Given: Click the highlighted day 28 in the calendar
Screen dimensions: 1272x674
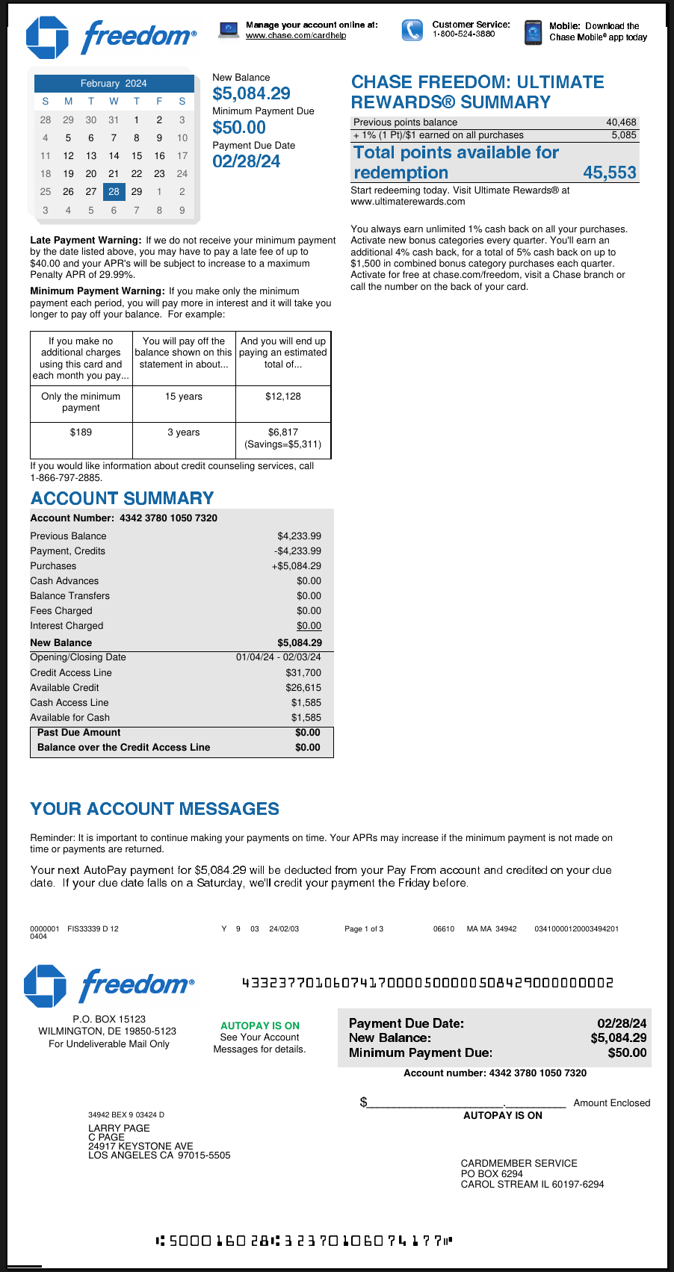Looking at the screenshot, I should pyautogui.click(x=114, y=192).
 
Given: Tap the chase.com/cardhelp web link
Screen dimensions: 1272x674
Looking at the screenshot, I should pyautogui.click(x=296, y=36).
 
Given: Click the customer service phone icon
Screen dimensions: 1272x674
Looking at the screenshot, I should pyautogui.click(x=412, y=30).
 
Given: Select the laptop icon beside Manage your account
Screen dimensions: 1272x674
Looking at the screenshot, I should pyautogui.click(x=229, y=30).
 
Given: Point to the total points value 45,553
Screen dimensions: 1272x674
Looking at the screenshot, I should pyautogui.click(x=610, y=173).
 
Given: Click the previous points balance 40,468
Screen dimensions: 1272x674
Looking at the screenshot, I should pyautogui.click(x=621, y=122).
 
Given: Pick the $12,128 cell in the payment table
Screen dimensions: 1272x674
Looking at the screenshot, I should pyautogui.click(x=283, y=397).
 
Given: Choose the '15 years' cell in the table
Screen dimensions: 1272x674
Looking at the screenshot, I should pyautogui.click(x=184, y=397).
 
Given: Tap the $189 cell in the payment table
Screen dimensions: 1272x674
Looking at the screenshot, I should pyautogui.click(x=81, y=432).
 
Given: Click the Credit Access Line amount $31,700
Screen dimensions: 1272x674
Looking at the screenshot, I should pyautogui.click(x=303, y=673).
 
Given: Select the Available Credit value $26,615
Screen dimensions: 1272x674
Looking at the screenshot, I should pyautogui.click(x=303, y=688).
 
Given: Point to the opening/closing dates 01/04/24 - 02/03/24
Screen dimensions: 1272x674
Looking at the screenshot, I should pyautogui.click(x=279, y=657).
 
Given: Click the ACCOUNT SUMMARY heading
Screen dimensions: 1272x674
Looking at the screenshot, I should pyautogui.click(x=123, y=498).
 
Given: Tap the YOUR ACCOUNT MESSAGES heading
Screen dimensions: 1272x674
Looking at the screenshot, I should pyautogui.click(x=155, y=809).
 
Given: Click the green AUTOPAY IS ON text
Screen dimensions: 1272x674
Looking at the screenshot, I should pyautogui.click(x=260, y=1026).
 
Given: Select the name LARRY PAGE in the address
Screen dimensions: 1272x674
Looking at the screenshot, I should pyautogui.click(x=119, y=1129).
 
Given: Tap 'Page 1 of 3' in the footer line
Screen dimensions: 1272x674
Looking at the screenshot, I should pyautogui.click(x=364, y=929).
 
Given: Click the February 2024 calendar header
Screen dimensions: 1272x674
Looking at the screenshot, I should pyautogui.click(x=114, y=84).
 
